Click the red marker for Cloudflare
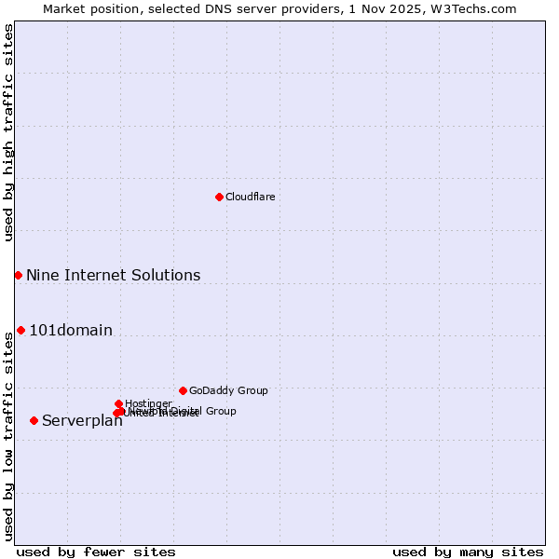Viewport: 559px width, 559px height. [219, 197]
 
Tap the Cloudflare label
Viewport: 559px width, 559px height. [250, 197]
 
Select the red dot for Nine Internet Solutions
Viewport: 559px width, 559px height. [18, 275]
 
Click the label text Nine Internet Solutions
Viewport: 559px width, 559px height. [113, 275]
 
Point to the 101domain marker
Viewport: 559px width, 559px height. [20, 330]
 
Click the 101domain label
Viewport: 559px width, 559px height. [71, 330]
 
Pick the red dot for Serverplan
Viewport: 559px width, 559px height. [34, 420]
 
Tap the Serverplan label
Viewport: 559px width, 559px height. [82, 421]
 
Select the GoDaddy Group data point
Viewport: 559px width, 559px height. [183, 390]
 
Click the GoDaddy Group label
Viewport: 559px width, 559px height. [228, 390]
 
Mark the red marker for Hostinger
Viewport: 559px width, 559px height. [118, 403]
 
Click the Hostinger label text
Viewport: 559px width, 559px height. [148, 403]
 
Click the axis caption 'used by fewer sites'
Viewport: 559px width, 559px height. [96, 552]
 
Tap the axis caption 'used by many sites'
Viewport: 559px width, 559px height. [468, 552]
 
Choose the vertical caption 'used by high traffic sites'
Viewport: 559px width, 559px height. [8, 132]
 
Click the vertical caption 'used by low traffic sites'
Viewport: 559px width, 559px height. [8, 436]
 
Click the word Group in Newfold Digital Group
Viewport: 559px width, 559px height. [220, 411]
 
